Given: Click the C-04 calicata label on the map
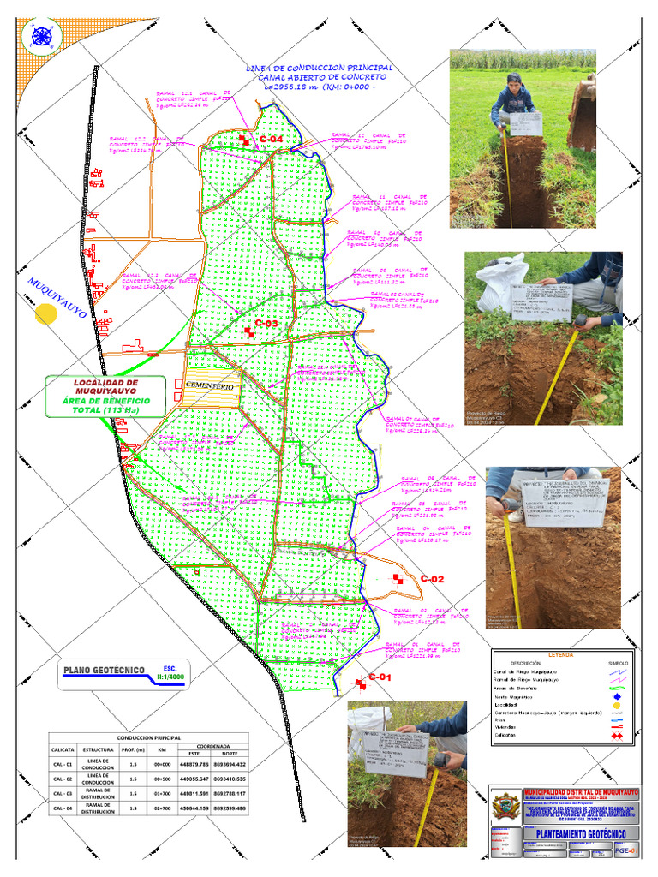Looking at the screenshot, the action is [272, 139].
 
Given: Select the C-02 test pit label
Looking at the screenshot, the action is [432, 580].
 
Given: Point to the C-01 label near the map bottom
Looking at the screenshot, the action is [380, 678].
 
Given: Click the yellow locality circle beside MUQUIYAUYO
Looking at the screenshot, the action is [45, 313].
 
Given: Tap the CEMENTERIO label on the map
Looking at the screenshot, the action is [209, 387].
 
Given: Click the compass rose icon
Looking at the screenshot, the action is [39, 37].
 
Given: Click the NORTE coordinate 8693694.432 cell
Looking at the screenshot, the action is [230, 765].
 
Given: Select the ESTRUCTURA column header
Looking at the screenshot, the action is [99, 750].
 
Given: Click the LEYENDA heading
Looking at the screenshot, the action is [562, 654].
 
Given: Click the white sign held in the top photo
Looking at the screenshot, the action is [524, 124].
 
